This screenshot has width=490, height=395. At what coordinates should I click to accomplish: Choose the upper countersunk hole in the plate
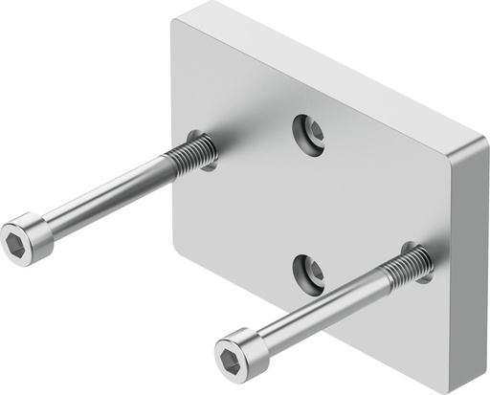coord(309,133)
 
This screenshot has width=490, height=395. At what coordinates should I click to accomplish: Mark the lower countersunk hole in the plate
coord(309,273)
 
